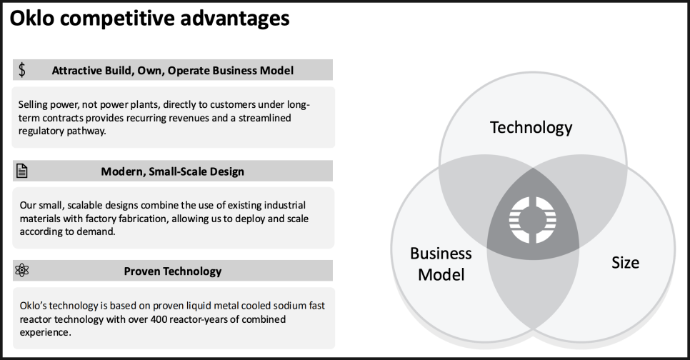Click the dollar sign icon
click(22, 70)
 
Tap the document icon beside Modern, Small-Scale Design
click(21, 171)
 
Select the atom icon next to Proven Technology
click(21, 270)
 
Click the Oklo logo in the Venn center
click(532, 219)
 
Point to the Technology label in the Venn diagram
click(531, 128)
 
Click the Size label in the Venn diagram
click(625, 263)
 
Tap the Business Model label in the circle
click(441, 264)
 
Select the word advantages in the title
click(235, 19)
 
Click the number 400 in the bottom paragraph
click(159, 319)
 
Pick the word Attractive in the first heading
click(71, 71)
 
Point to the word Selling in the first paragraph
click(33, 105)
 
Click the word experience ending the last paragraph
click(44, 333)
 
